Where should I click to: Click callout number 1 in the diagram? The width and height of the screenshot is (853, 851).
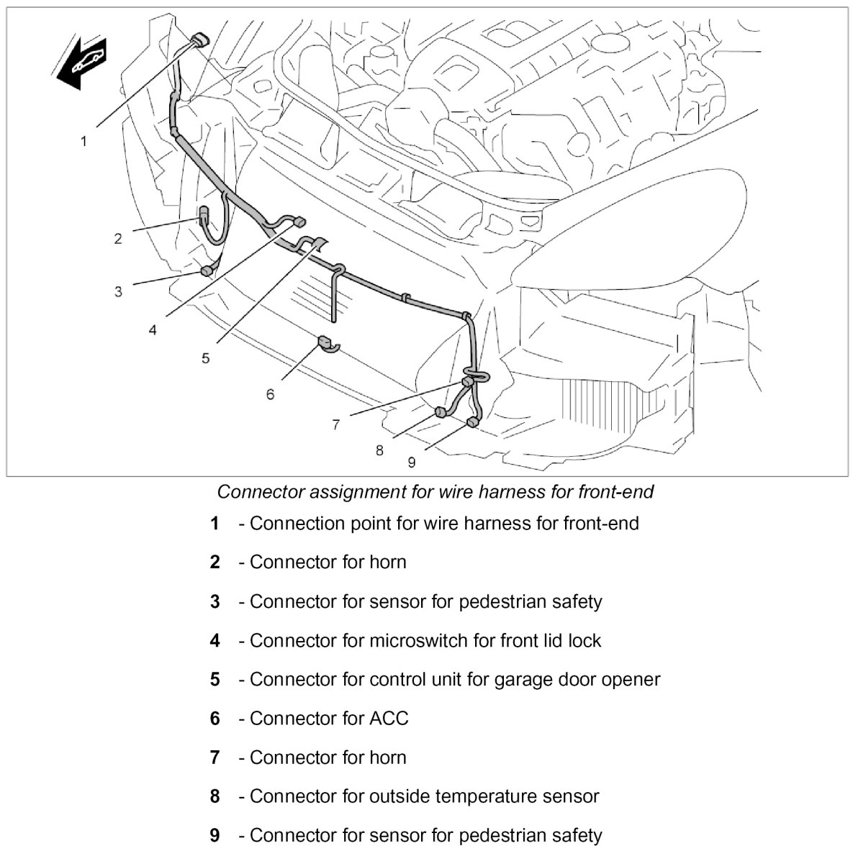point(84,141)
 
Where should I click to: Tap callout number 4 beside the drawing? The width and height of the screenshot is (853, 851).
point(153,329)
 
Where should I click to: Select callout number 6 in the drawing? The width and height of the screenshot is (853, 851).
point(270,394)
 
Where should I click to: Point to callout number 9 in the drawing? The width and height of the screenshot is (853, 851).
point(411,462)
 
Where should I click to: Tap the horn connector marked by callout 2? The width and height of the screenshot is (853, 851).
point(203,214)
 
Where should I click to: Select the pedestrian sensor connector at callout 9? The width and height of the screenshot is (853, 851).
point(472,422)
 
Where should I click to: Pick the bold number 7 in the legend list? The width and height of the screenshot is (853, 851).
point(215,757)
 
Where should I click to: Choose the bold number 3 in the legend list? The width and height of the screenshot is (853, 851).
point(215,601)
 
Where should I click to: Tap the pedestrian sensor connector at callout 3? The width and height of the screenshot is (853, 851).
point(206,271)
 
